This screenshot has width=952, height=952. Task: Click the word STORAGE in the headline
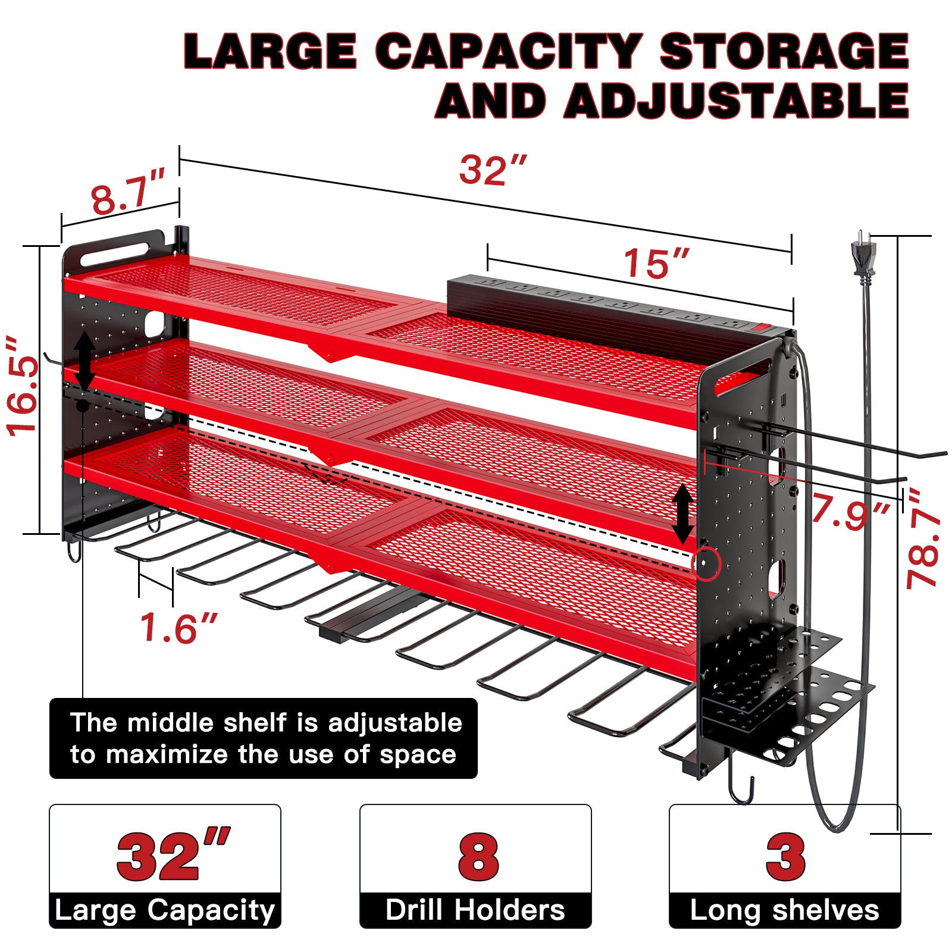784,51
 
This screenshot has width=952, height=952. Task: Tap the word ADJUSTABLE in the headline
737,101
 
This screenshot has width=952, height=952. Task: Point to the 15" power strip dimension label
656,263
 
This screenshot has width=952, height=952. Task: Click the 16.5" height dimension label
23,386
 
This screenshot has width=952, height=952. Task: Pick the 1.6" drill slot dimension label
178,628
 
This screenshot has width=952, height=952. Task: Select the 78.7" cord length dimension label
923,539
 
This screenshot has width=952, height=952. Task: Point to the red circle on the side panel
706,563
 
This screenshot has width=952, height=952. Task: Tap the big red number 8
478,857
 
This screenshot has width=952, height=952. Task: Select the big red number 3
785,857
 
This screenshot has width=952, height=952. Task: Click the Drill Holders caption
475,910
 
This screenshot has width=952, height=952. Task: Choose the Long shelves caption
785,910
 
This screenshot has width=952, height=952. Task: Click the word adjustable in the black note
395,724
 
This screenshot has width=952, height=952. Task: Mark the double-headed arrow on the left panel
85,361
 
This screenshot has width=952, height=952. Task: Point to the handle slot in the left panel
114,253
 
